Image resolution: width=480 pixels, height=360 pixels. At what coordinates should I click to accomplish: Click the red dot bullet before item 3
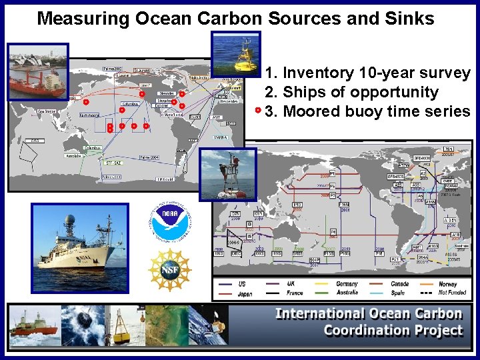point(258,110)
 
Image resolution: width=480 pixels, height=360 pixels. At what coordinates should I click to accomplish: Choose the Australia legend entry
point(347,293)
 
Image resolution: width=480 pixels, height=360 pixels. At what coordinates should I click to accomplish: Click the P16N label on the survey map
point(345,205)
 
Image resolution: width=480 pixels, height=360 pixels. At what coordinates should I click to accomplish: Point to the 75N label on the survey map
point(449,149)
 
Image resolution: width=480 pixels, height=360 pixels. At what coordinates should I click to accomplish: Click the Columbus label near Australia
point(93,147)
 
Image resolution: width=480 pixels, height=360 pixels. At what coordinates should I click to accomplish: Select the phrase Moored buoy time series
point(377,111)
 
